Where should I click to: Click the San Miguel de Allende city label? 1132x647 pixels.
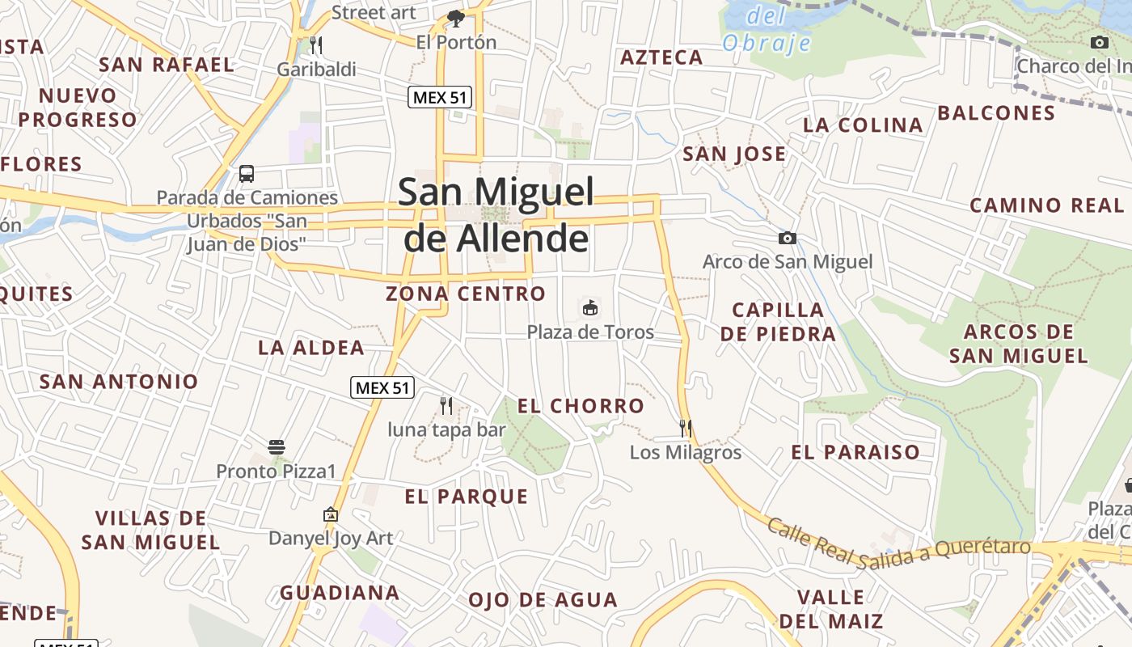tap(496, 215)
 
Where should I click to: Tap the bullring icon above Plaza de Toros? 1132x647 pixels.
tap(590, 307)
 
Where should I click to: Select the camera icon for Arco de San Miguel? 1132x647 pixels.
tap(787, 238)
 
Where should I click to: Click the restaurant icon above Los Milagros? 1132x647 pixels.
tap(686, 428)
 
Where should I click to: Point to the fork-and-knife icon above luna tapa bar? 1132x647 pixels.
tap(446, 405)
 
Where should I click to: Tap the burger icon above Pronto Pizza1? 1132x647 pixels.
tap(276, 446)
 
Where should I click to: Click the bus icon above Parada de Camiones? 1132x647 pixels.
tap(247, 173)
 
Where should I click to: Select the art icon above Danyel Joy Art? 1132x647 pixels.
tap(330, 514)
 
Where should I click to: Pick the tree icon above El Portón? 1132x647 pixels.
tap(456, 18)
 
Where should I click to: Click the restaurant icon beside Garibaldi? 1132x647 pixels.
tap(316, 44)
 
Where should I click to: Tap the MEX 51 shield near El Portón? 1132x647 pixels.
tap(439, 98)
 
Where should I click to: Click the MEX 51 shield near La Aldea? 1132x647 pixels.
tap(382, 387)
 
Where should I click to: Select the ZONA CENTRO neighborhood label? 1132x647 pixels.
tap(466, 294)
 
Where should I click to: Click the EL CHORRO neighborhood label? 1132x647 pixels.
tap(581, 406)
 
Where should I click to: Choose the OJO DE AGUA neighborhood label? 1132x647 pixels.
tap(543, 600)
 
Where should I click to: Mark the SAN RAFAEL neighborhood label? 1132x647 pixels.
tap(166, 65)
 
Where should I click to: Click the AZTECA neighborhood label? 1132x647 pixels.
tap(661, 57)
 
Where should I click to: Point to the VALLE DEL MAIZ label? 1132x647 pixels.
tap(830, 609)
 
